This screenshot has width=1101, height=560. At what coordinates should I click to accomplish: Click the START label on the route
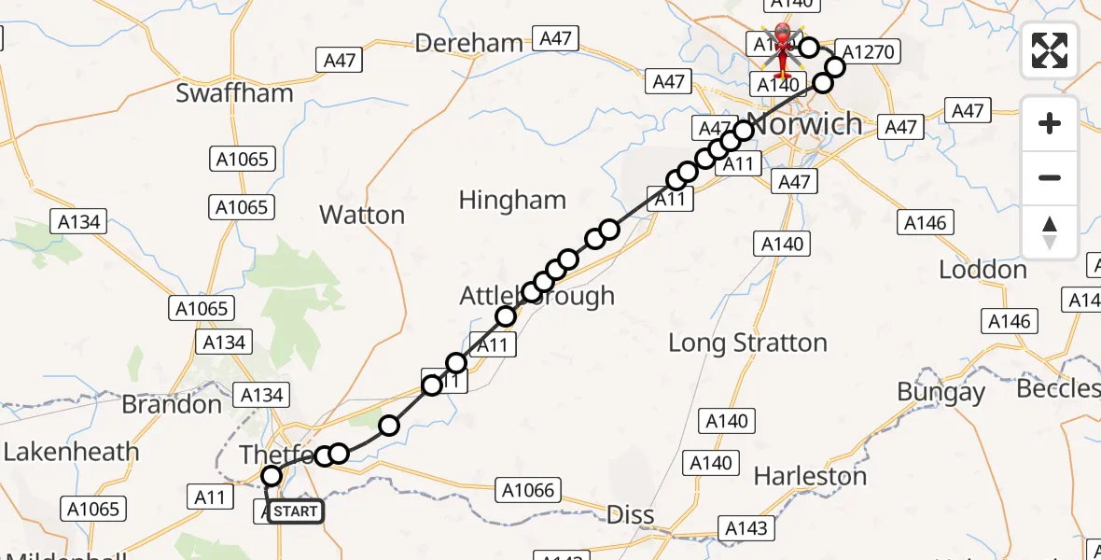click(296, 511)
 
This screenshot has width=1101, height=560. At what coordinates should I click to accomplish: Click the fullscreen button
click(1050, 50)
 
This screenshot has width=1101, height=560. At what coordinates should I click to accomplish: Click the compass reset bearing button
click(1050, 232)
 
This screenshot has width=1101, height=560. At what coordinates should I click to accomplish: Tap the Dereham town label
click(468, 43)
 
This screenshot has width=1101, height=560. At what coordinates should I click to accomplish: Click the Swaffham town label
click(234, 93)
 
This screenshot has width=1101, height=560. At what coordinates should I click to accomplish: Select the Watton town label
click(362, 215)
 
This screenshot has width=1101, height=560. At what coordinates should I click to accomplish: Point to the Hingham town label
click(512, 200)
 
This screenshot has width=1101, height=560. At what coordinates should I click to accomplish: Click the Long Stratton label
click(747, 343)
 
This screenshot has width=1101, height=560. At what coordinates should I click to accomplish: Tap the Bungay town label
click(941, 392)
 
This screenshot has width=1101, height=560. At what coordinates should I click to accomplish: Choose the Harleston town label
click(810, 476)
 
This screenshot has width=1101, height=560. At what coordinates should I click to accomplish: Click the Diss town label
click(630, 514)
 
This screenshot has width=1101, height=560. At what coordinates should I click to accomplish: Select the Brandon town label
click(172, 404)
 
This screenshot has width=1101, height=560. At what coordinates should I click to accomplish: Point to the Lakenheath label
click(71, 452)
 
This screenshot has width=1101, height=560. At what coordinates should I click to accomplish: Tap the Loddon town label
click(983, 270)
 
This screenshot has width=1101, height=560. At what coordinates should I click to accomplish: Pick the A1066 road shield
click(528, 490)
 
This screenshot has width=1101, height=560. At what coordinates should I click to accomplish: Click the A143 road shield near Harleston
click(747, 529)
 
